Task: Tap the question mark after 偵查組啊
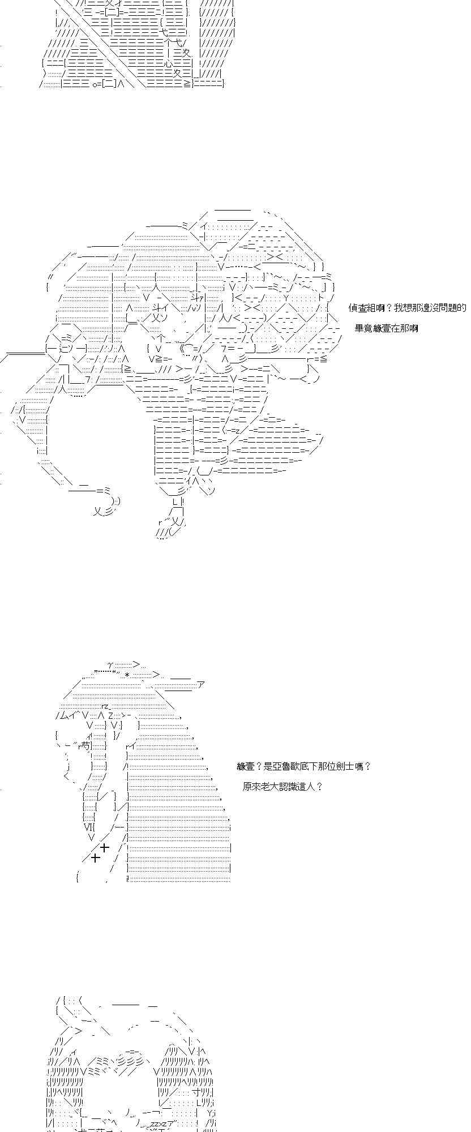(389, 308)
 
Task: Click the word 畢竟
(362, 328)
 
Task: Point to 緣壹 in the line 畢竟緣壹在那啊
(379, 328)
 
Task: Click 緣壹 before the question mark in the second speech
(246, 766)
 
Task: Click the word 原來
(250, 787)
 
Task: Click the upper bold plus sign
(104, 847)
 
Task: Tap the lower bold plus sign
(96, 858)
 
